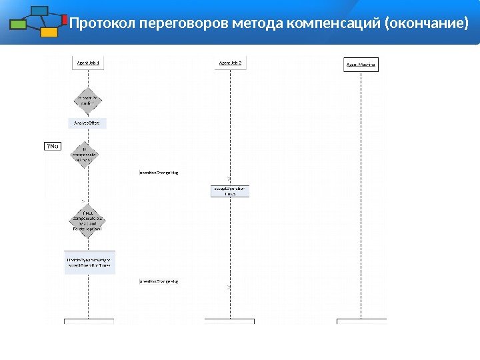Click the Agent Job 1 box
[x=88, y=63]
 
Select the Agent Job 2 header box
[x=230, y=63]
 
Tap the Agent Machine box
[x=361, y=65]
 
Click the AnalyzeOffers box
[x=88, y=123]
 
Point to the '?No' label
[x=52, y=146]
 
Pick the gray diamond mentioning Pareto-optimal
[x=87, y=221]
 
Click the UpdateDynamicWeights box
[x=88, y=262]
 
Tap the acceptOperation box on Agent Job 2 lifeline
[x=230, y=191]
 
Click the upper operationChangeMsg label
[x=159, y=172]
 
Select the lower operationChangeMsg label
[x=159, y=281]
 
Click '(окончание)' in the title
[x=427, y=25]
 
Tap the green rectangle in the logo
[x=19, y=25]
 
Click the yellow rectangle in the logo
[x=48, y=31]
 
